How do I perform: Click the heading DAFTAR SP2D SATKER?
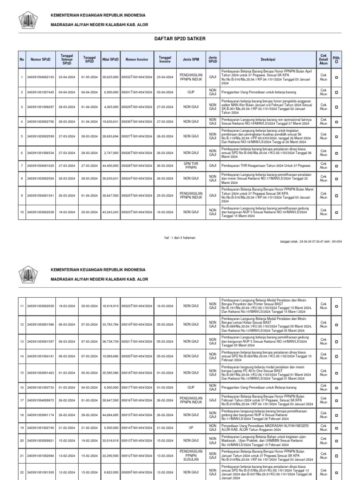(x=180, y=39)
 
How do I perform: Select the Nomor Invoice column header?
(x=137, y=60)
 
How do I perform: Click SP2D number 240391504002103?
(x=41, y=77)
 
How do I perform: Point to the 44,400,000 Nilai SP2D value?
(x=111, y=165)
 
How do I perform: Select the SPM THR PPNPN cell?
(x=190, y=165)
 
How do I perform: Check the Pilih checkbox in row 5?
(x=336, y=136)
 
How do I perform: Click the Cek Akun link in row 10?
(x=323, y=212)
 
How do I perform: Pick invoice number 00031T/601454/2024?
(x=137, y=93)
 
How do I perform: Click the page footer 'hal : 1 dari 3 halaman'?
(x=180, y=238)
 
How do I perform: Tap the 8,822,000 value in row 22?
(x=111, y=472)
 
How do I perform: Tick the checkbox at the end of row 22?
(x=336, y=472)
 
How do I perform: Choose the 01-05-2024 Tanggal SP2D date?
(x=88, y=77)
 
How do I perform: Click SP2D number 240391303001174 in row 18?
(x=41, y=415)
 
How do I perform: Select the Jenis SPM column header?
(x=190, y=60)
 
